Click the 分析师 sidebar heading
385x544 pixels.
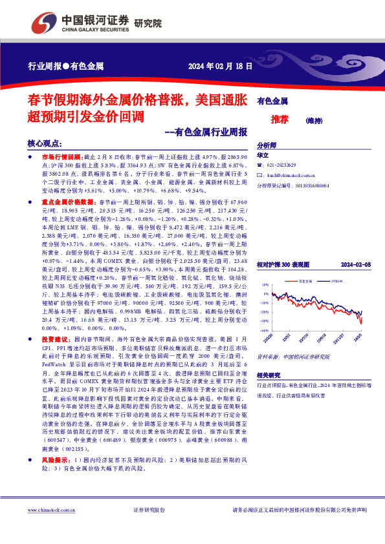pos(267,146)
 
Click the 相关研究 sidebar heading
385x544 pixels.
pos(270,375)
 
